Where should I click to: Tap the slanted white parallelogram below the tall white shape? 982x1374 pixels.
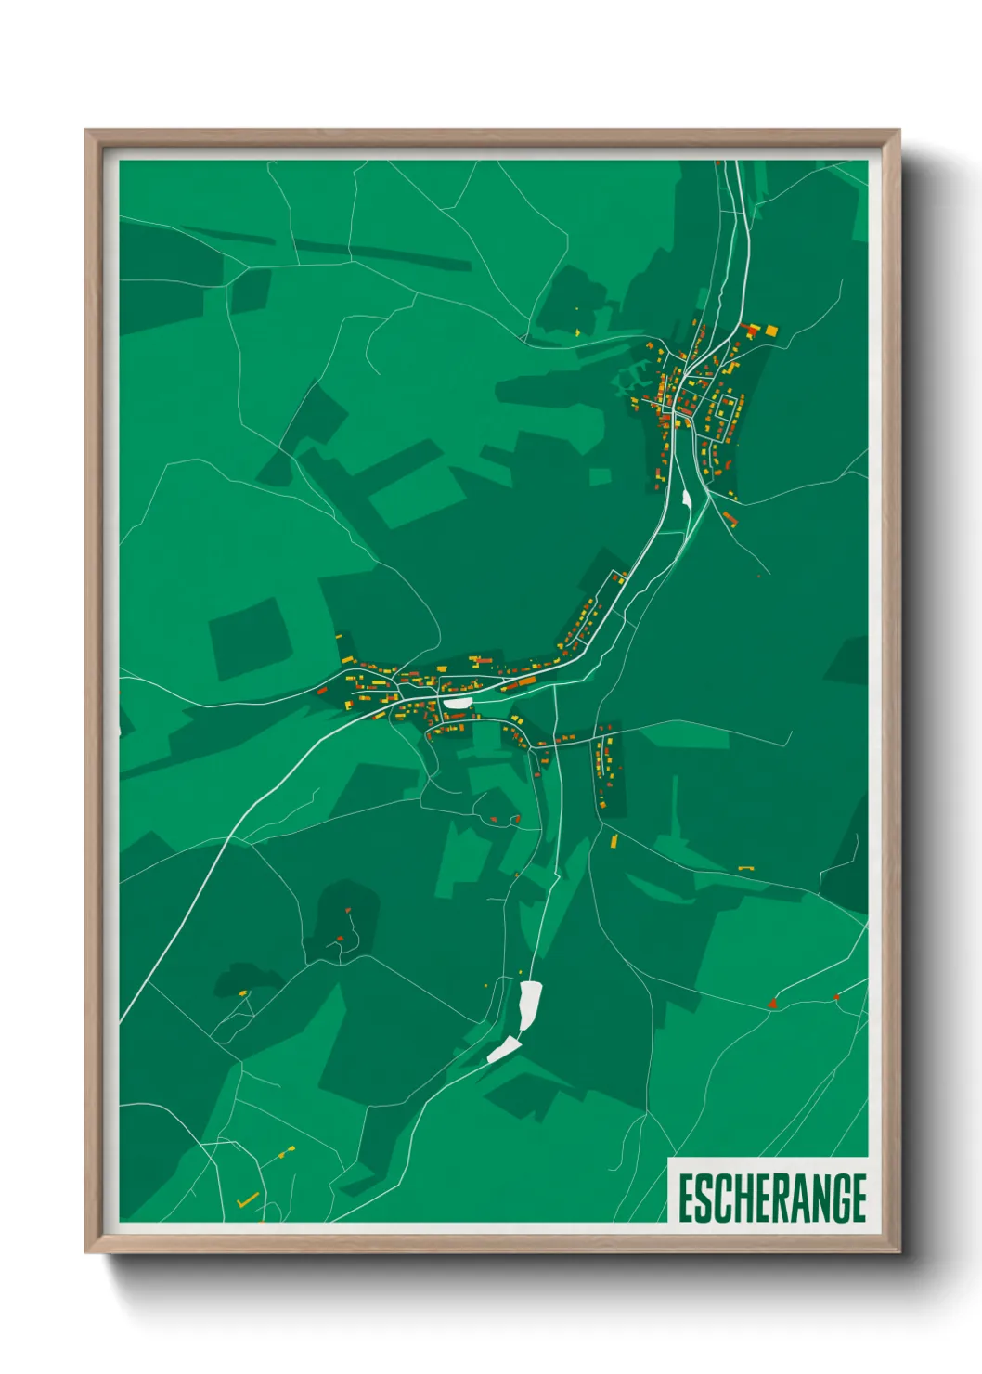(x=504, y=1050)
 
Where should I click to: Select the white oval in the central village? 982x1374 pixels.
(x=457, y=703)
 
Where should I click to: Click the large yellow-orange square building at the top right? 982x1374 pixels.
(x=771, y=330)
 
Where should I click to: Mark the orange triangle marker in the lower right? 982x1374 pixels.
(x=772, y=1003)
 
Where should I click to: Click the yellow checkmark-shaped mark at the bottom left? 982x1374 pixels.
(x=248, y=1200)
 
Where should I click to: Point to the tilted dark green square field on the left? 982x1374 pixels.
(x=249, y=638)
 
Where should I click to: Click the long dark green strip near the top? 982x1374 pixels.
(x=381, y=253)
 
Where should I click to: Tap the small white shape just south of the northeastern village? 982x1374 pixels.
(x=686, y=499)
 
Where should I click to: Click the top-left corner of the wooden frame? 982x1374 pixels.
(x=86, y=131)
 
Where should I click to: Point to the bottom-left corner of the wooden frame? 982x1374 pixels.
(x=86, y=1251)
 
